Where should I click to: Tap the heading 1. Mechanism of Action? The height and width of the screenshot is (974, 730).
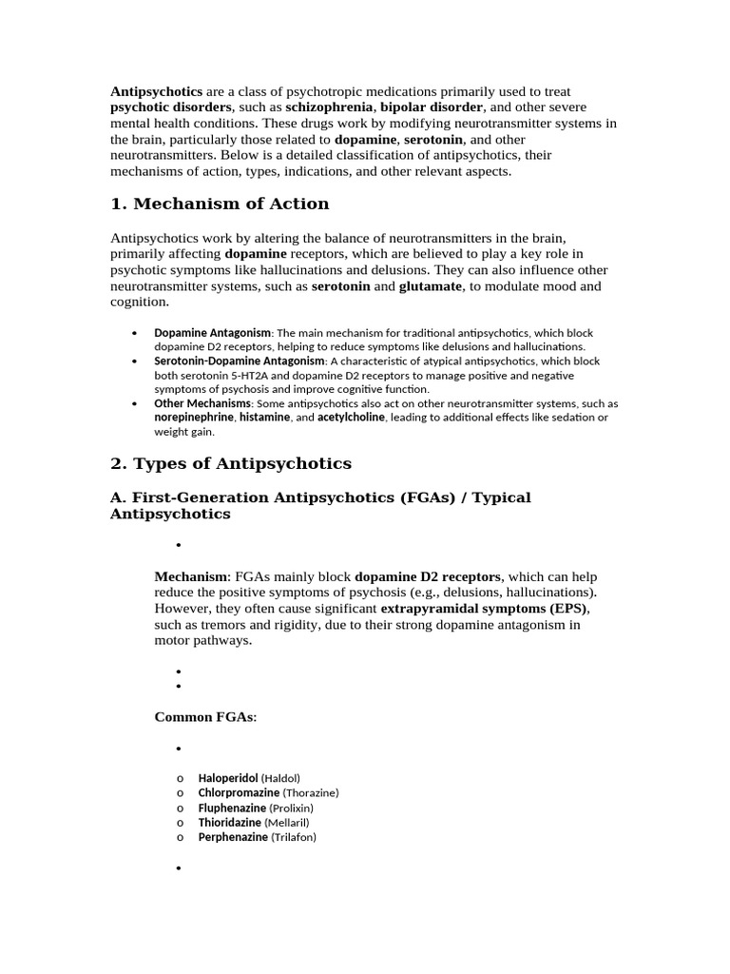click(x=220, y=204)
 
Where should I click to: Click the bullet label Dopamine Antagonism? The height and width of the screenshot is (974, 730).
click(x=213, y=333)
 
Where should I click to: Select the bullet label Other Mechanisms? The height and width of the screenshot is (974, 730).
click(x=202, y=403)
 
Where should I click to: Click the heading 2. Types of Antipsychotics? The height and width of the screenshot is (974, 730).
click(x=231, y=464)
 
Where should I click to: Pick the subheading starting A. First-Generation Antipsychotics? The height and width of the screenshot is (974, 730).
click(x=320, y=505)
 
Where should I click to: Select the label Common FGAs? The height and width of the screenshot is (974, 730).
click(x=205, y=717)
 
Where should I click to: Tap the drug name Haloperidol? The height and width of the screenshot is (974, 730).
click(x=228, y=778)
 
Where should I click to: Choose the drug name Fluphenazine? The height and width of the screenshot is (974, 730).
click(x=232, y=808)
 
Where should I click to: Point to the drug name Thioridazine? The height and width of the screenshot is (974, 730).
click(x=230, y=822)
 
